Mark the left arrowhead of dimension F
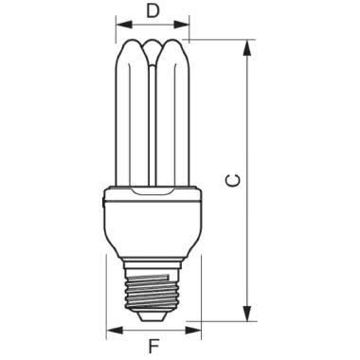point(109,331)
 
